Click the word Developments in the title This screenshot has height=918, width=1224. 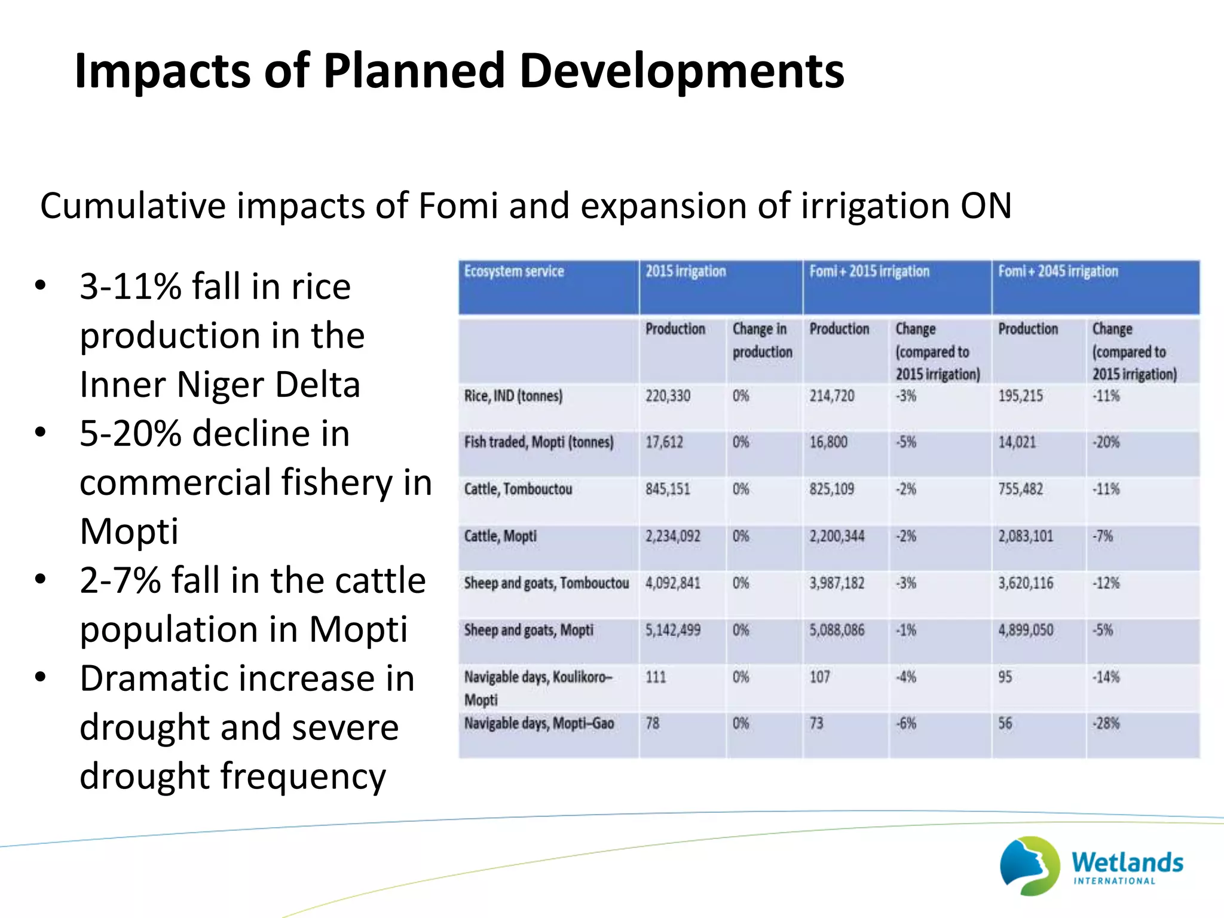(x=681, y=71)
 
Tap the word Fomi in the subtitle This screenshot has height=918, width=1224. (x=458, y=206)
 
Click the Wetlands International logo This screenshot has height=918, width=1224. (x=1091, y=865)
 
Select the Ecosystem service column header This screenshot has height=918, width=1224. (x=514, y=271)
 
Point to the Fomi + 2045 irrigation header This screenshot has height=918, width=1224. (x=1057, y=271)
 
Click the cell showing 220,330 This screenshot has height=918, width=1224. (x=668, y=396)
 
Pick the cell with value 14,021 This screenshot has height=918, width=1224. (x=1017, y=442)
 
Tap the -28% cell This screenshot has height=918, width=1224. (x=1106, y=724)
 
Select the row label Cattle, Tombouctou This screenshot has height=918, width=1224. (x=518, y=489)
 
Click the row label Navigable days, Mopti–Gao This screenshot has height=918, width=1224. (x=538, y=724)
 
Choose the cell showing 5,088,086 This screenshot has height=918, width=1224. (x=837, y=630)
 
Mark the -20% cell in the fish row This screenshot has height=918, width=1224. (x=1106, y=442)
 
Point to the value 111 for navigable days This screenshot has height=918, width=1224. (x=656, y=677)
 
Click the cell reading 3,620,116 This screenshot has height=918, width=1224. (x=1026, y=583)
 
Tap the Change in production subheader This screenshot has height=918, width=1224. (x=762, y=341)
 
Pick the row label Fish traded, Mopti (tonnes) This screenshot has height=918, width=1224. (x=538, y=442)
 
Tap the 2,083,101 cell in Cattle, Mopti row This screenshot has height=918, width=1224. (x=1026, y=536)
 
